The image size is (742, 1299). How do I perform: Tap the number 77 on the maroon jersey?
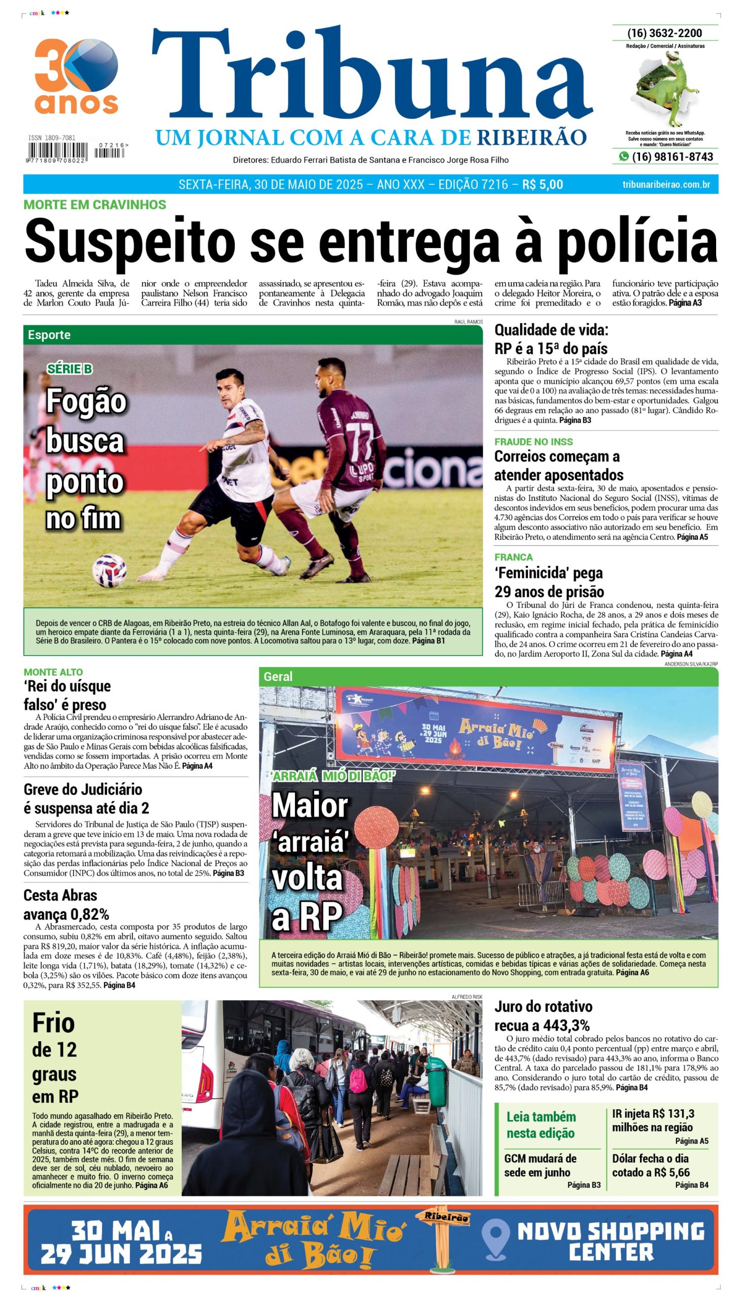tap(360, 437)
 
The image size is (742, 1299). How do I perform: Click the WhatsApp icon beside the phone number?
tap(624, 157)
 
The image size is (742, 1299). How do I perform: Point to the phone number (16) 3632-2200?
tap(664, 33)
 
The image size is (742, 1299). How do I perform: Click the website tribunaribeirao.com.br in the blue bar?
tap(665, 184)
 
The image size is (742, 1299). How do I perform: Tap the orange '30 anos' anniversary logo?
tap(77, 77)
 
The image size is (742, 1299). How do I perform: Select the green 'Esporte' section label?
tap(49, 335)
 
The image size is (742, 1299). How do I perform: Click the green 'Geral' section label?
tap(278, 676)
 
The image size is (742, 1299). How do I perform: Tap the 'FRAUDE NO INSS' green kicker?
tap(533, 441)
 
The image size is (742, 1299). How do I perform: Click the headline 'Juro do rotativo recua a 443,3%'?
tap(544, 1015)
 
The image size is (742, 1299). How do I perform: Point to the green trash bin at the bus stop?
tap(437, 1076)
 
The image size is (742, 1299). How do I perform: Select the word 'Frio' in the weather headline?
tap(53, 1023)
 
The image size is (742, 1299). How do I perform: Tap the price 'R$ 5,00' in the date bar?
tap(542, 184)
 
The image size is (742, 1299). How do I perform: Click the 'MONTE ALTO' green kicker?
tap(53, 672)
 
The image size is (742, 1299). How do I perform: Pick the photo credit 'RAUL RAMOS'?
tap(468, 321)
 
